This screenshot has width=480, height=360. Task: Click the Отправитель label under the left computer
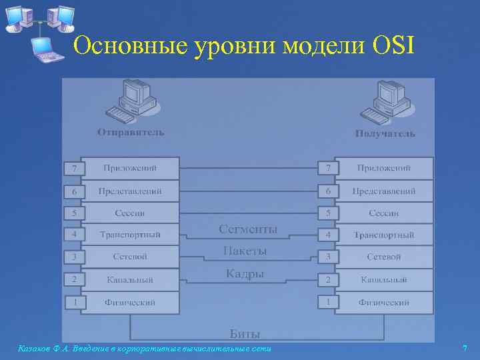tap(130, 132)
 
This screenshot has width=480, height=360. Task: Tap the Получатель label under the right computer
tap(385, 133)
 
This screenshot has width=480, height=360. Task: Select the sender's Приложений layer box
tap(130, 168)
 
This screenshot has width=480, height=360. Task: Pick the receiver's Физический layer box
tap(384, 302)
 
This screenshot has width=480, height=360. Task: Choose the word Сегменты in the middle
tap(248, 229)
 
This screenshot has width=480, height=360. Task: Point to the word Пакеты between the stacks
tap(245, 251)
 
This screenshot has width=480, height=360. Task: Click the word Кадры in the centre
tap(245, 273)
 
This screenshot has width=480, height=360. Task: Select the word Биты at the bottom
tap(245, 333)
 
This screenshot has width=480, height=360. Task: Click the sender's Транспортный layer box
tap(130, 235)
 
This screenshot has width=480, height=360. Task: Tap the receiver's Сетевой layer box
tap(384, 257)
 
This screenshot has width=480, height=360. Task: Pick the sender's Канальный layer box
tap(130, 280)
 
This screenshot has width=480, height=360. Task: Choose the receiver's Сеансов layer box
tap(384, 213)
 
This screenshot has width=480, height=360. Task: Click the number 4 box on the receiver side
tap(327, 235)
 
